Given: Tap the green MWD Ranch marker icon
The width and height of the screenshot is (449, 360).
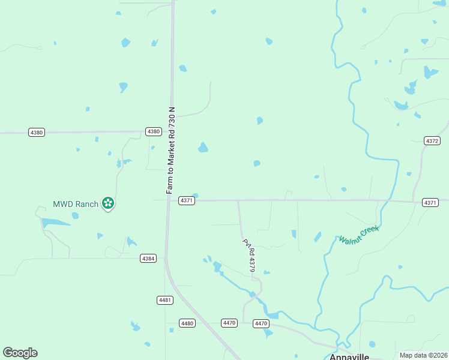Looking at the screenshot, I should [x=108, y=203].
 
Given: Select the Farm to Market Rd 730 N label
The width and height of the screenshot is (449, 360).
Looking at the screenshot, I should [x=170, y=150].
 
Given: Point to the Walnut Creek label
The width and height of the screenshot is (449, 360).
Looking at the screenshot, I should [x=359, y=235].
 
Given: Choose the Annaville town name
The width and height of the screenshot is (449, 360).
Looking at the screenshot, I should [x=349, y=355].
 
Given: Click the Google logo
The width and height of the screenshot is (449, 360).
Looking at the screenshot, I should [x=20, y=353].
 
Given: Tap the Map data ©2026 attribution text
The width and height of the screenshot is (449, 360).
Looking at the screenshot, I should [x=424, y=355].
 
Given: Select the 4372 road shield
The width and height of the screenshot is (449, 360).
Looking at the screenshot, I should [x=432, y=141].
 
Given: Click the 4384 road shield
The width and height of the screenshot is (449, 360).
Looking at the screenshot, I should [x=148, y=258].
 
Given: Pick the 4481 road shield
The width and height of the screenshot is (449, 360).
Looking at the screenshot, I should [x=165, y=300].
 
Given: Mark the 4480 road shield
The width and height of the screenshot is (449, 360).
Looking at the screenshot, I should [x=187, y=323].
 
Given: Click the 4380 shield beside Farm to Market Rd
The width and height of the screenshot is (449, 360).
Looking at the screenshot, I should [x=154, y=131].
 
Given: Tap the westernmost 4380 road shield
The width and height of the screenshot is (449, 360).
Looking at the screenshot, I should [x=37, y=132].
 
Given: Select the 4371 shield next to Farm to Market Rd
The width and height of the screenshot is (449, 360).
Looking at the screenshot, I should [x=186, y=200].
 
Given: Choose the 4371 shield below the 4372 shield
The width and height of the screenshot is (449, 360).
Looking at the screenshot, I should [x=430, y=203].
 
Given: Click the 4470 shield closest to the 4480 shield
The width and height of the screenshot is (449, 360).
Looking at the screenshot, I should [x=229, y=323].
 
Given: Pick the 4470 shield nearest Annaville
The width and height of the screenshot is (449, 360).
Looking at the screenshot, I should [x=261, y=323].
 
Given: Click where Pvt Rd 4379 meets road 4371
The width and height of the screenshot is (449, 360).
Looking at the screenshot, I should [x=238, y=200].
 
